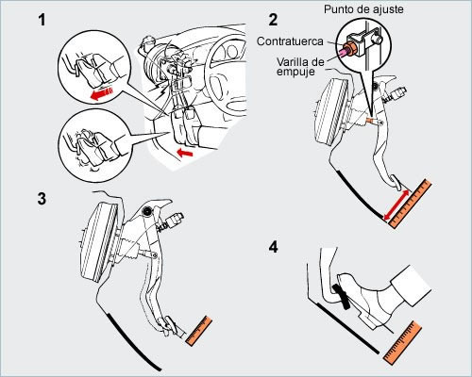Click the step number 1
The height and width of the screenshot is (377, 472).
point(42,20)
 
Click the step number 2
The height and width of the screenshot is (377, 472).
point(273,20)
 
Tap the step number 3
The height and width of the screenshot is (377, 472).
point(42,199)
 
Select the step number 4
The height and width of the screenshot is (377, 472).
point(273,247)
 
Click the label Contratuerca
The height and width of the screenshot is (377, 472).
point(290,41)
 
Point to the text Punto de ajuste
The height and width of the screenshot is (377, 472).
point(363,9)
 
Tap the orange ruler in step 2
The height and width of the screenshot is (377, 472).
point(411,204)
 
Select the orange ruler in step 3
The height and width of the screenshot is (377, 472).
point(199,331)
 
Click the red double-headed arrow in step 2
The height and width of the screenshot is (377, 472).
point(396,205)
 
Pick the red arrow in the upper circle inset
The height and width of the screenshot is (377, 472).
point(102,93)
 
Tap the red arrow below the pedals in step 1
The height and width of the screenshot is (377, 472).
point(185,153)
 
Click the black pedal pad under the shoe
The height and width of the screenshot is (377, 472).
point(341,297)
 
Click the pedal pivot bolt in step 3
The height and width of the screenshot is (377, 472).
point(146,211)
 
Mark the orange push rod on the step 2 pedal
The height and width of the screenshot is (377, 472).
point(372,121)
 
